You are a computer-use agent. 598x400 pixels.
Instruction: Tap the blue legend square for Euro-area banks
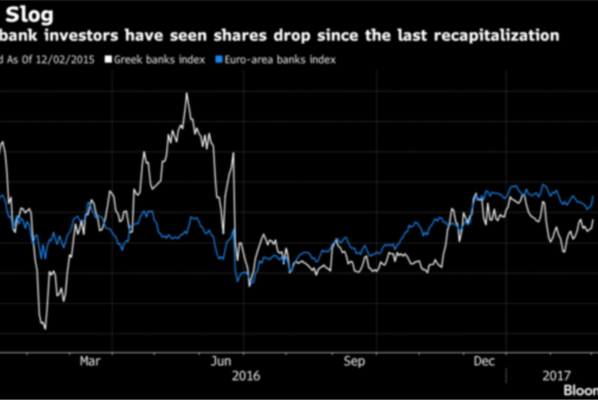pos(220,58)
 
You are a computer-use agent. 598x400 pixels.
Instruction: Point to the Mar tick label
pos(92,361)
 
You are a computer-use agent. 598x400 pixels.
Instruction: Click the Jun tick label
pos(222,361)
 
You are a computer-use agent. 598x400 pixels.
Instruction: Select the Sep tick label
pos(354,361)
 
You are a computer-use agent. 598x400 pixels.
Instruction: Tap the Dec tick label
pos(485,361)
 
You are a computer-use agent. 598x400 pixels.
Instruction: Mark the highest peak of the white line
pos(186,94)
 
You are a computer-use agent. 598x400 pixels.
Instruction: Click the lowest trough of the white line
pos(44,329)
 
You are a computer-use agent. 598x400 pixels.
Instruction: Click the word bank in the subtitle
pos(17,36)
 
